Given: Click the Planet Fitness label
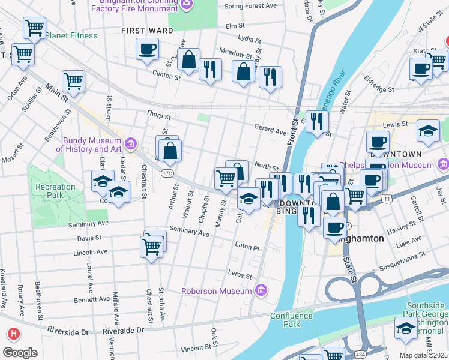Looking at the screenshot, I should (71, 35).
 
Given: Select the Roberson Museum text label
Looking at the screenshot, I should (217, 291).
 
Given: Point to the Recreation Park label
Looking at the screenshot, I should (55, 191).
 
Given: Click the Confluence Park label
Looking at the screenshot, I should (291, 320).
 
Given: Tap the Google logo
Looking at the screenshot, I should (20, 353).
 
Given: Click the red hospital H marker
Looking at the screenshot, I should (12, 334).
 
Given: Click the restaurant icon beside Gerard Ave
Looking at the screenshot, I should (317, 122).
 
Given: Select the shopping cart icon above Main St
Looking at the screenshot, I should (73, 82).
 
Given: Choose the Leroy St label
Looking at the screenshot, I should (240, 275).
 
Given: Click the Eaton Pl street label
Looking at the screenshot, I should (247, 247).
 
